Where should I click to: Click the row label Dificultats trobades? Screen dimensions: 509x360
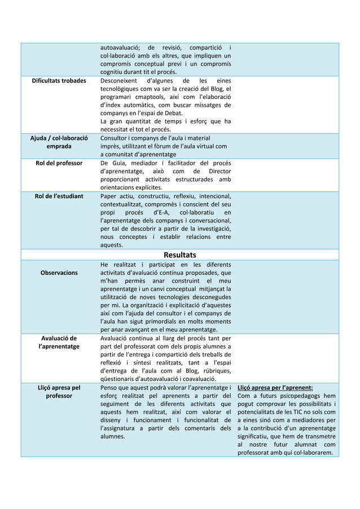click(x=58, y=81)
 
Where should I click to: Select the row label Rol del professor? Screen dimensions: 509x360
click(x=58, y=163)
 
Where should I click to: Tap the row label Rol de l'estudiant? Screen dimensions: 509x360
click(x=58, y=196)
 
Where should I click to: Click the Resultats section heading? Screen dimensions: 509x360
click(x=180, y=255)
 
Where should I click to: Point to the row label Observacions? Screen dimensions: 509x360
click(x=58, y=273)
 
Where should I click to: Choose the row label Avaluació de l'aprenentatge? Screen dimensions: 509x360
click(x=58, y=342)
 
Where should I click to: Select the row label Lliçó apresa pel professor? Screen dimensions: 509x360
click(x=58, y=392)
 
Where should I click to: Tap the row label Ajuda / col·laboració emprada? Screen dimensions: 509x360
click(x=58, y=142)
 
